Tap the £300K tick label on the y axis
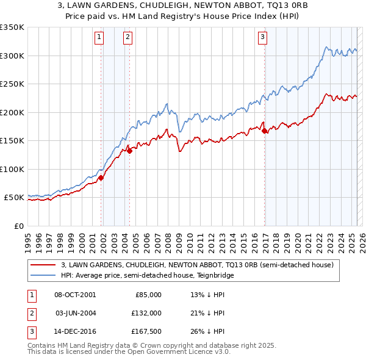pyautogui.click(x=12, y=56)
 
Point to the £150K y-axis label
pyautogui.click(x=12, y=141)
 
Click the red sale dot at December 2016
pyautogui.click(x=265, y=131)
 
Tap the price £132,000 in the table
pyautogui.click(x=147, y=313)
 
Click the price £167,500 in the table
pyautogui.click(x=147, y=331)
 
